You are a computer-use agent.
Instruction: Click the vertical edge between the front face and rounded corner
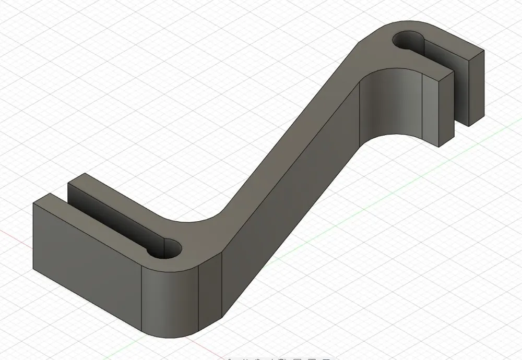click(x=143, y=297)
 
